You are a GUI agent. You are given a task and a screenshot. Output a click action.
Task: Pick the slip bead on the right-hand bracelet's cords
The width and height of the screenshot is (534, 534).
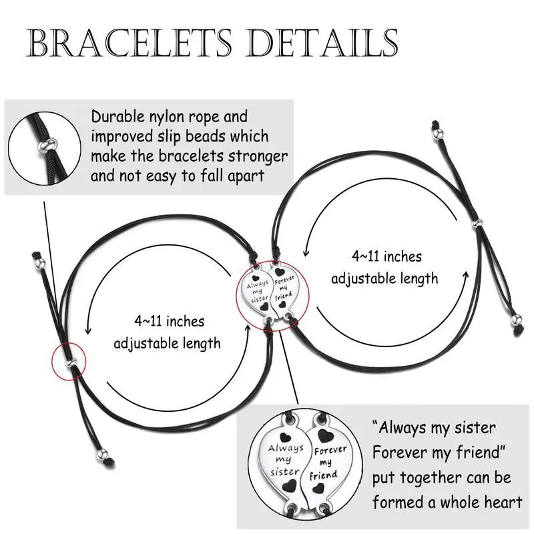pyautogui.click(x=477, y=222)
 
